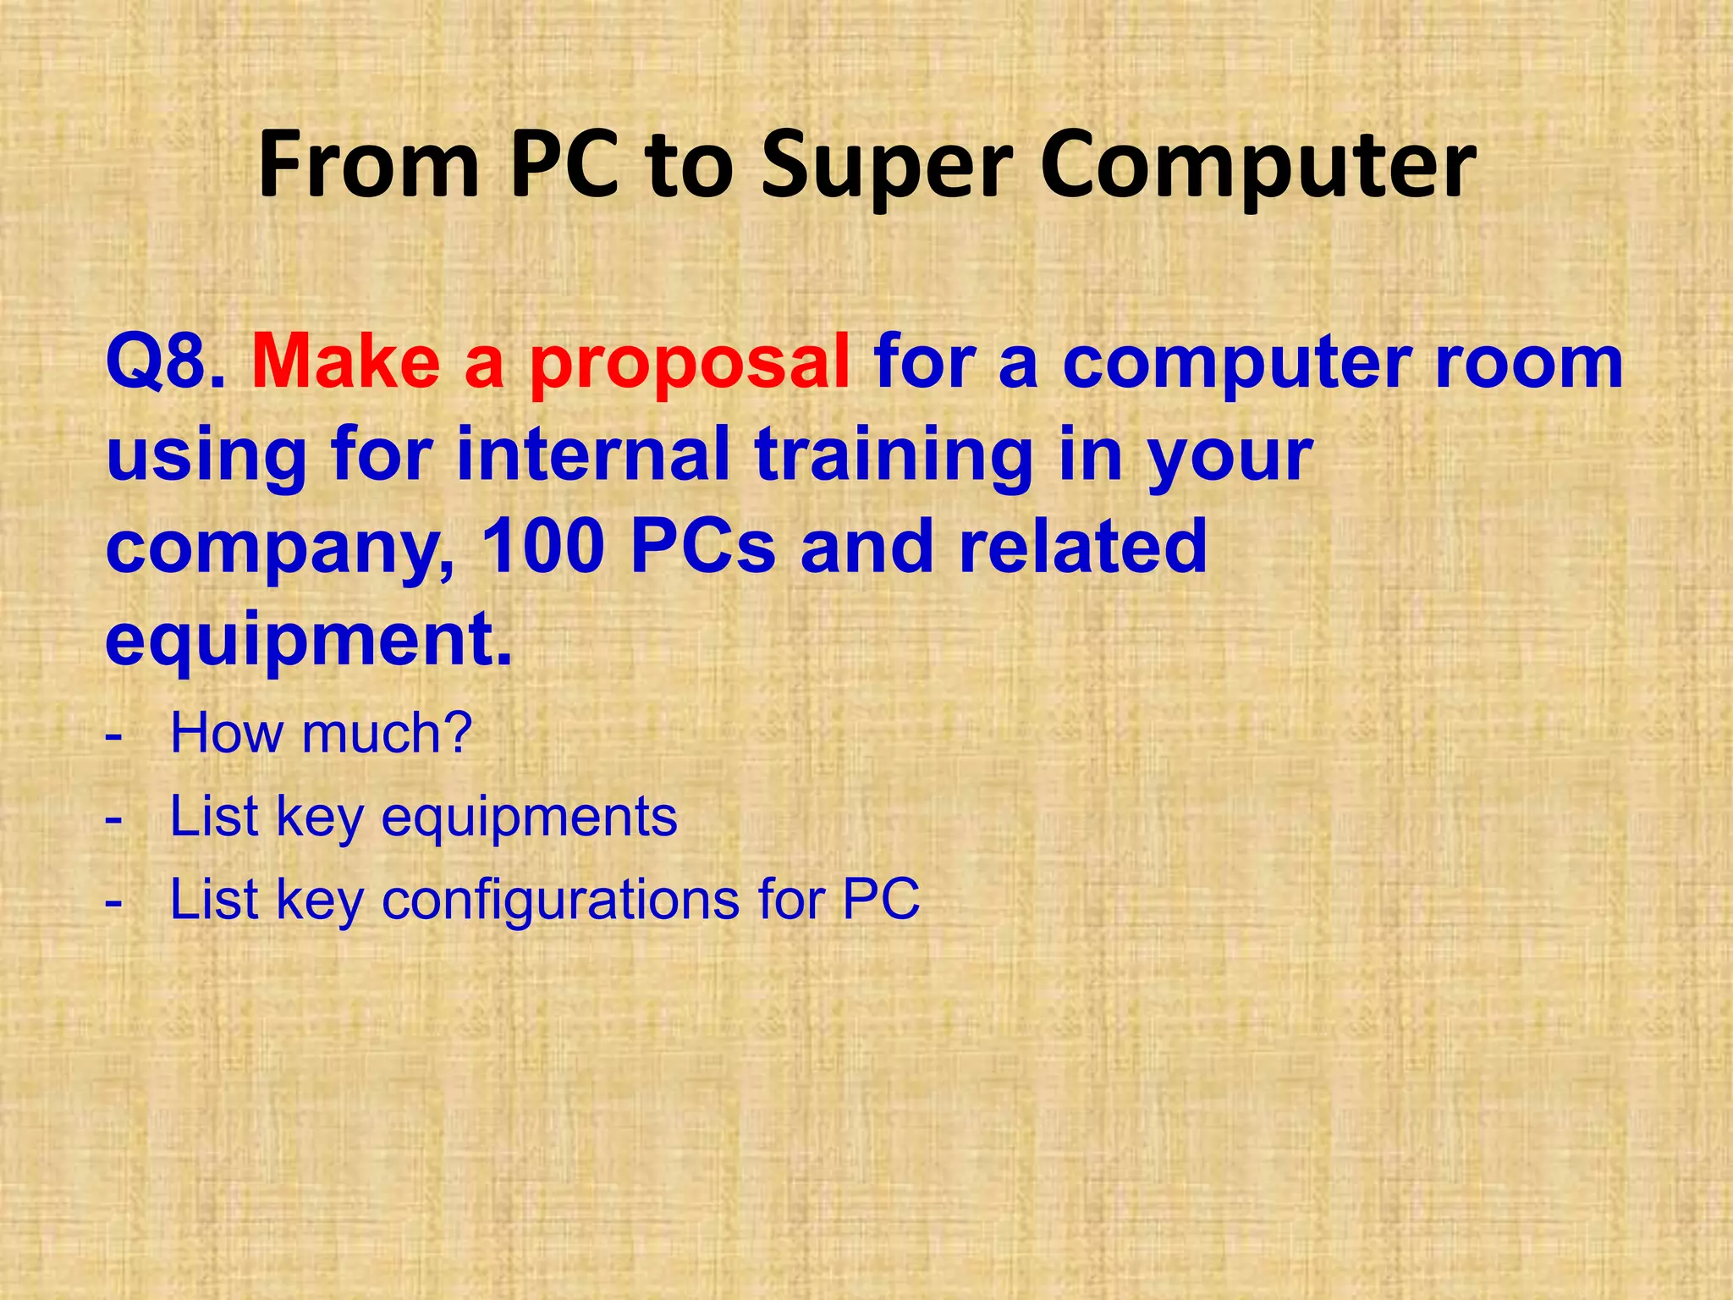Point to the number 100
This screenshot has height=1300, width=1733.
click(x=542, y=546)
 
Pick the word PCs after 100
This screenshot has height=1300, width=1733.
click(x=702, y=546)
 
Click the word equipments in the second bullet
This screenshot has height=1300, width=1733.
click(x=530, y=819)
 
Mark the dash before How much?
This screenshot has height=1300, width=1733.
click(x=114, y=735)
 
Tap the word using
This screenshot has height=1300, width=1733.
click(x=206, y=457)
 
